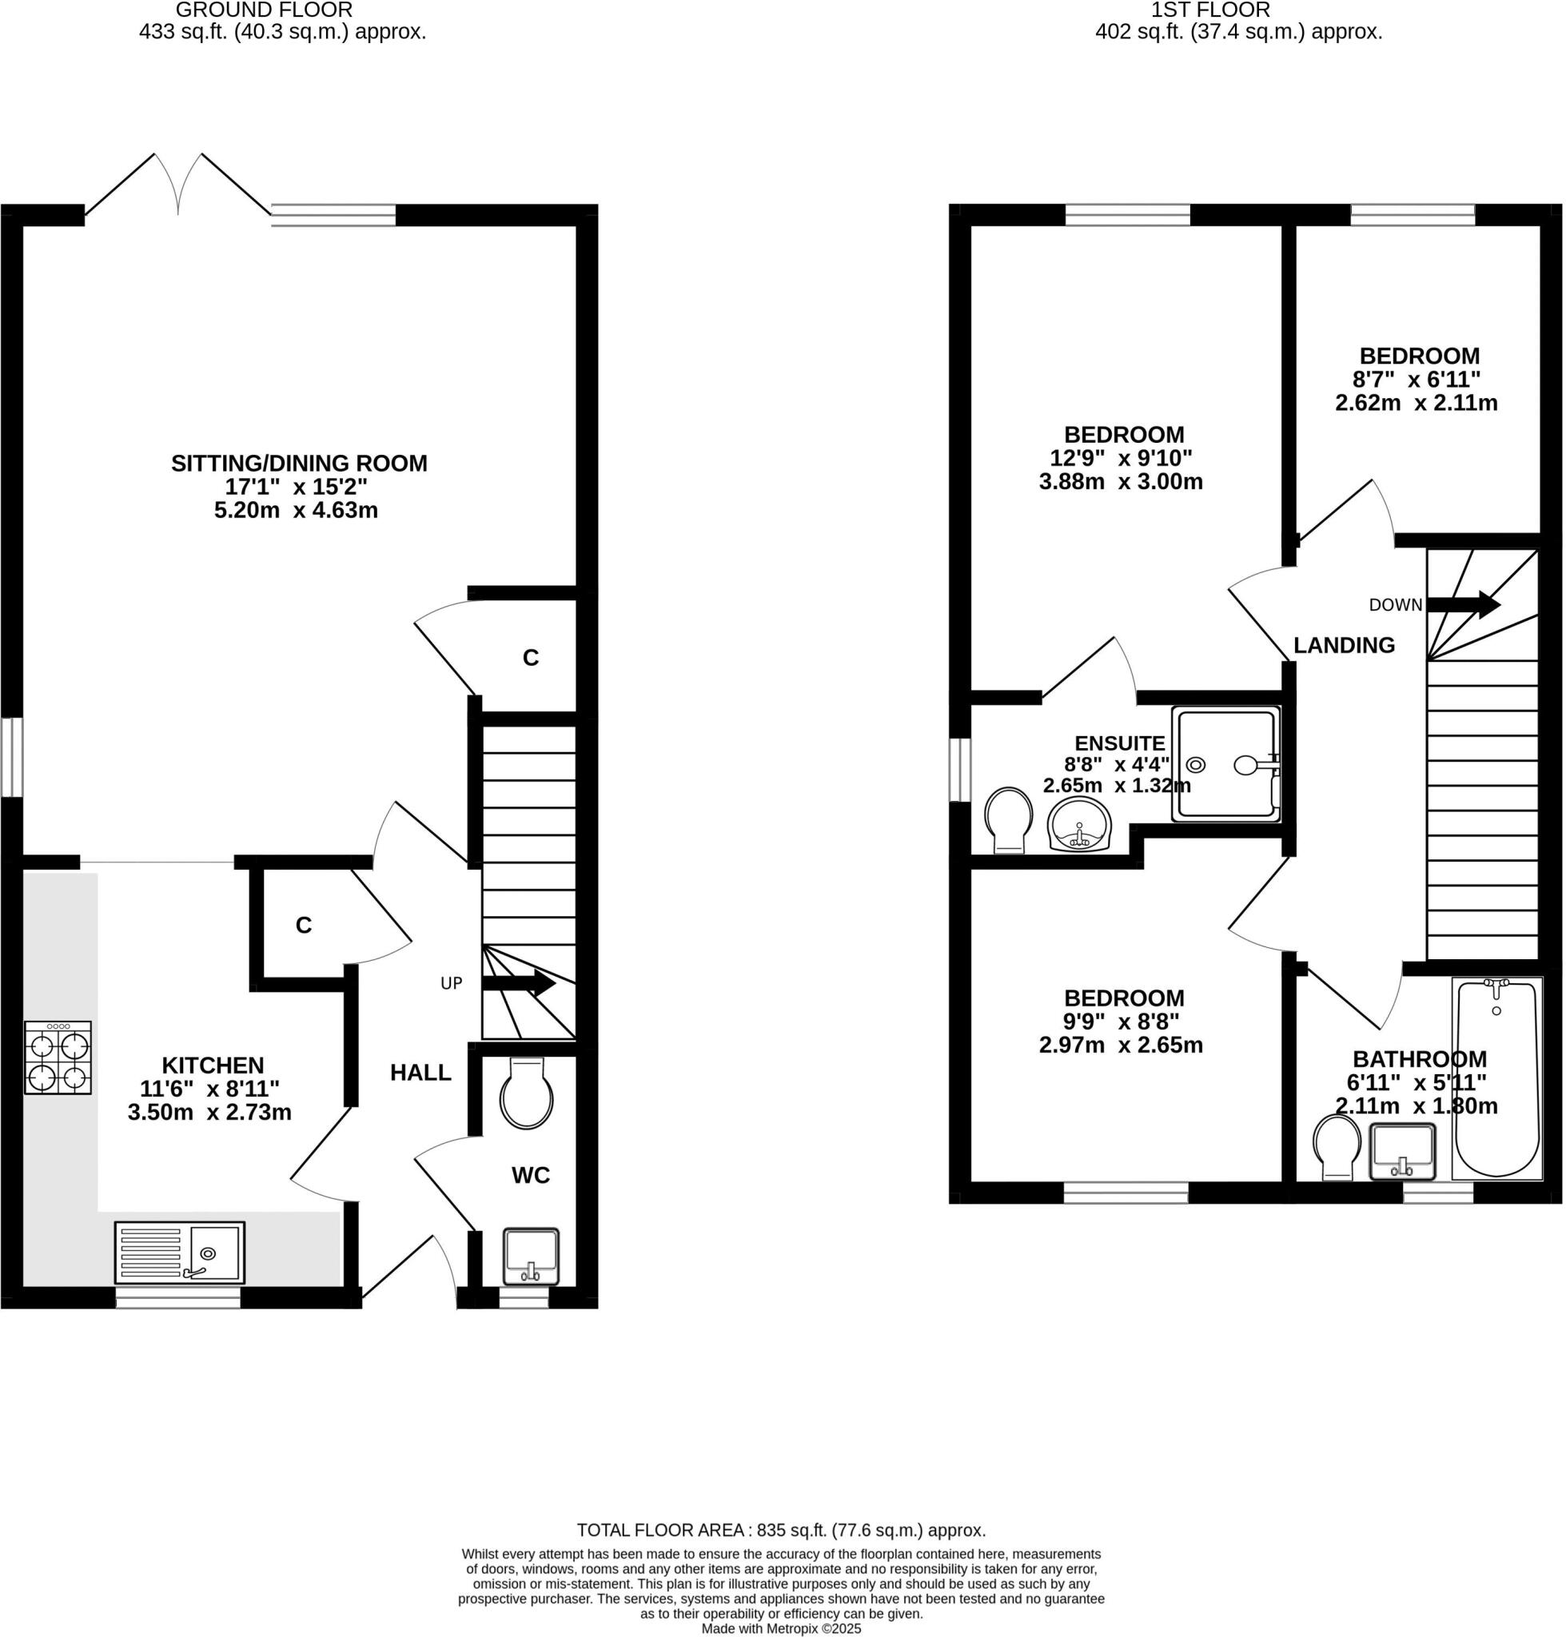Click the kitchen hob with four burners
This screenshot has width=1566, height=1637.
[x=58, y=1058]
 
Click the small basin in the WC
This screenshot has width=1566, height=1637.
[x=531, y=1257]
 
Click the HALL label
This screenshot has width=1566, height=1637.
[x=420, y=1073]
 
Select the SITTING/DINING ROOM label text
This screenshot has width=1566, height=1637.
[x=299, y=464]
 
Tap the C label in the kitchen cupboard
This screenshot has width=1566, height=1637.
[x=304, y=926]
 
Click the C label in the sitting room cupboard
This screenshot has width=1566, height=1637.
[x=531, y=659]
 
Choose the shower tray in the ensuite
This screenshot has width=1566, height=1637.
[x=1225, y=764]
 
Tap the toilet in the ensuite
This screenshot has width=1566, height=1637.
[x=1009, y=819]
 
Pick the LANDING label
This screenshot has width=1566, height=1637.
[x=1344, y=645]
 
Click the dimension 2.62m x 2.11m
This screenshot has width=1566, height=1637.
[x=1417, y=403]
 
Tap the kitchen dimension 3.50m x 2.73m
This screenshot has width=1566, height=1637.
[x=209, y=1112]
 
